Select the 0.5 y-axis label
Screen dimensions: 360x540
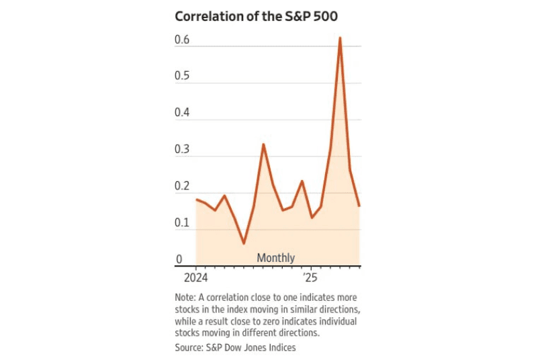182,77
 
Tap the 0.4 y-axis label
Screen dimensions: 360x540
182,114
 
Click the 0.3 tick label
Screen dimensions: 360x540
182,150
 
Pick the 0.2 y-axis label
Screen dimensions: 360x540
182,187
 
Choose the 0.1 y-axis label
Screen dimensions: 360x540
182,223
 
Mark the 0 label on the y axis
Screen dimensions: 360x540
179,260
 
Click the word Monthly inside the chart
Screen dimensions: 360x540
275,258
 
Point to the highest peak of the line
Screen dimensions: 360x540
340,38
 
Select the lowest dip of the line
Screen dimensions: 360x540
244,243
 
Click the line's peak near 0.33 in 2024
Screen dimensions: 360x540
263,144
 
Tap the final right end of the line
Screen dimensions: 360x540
359,206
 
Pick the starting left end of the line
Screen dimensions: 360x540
196,199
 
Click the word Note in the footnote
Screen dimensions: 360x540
183,298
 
